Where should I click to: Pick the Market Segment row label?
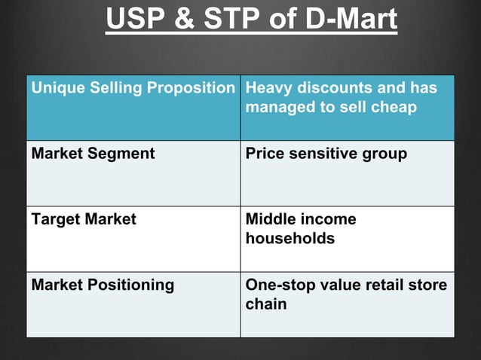pos(93,154)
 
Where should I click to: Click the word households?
pos(290,239)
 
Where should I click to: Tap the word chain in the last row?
pos(265,305)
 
